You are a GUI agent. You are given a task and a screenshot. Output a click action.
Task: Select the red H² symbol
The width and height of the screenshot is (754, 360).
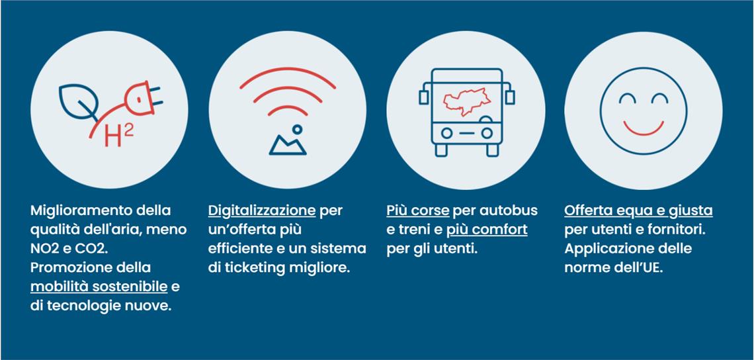click(119, 136)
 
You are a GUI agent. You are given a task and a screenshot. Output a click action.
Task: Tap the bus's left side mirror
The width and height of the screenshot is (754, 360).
click(423, 97)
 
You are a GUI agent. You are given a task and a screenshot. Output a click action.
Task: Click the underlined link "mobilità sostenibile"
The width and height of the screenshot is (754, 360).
click(99, 287)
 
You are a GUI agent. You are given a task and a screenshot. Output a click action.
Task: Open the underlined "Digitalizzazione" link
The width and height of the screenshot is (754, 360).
click(262, 211)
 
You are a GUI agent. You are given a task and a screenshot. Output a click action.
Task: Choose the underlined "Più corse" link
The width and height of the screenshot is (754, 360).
click(418, 211)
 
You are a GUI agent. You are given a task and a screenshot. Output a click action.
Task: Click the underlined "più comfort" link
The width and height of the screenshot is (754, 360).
click(487, 230)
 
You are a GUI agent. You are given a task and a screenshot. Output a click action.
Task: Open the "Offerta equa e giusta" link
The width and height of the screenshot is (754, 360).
click(638, 211)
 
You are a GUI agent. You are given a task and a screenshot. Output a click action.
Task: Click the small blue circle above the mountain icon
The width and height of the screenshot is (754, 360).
click(298, 129)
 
